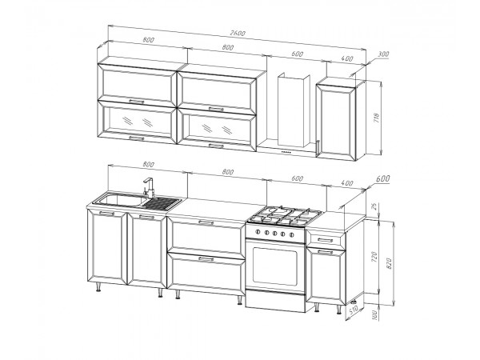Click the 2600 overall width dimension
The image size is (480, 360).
point(238,34)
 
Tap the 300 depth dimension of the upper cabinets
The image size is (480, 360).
point(383,54)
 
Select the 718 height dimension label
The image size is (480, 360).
point(377,118)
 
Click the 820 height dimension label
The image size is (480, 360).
point(390,263)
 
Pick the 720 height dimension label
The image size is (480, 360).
point(374,257)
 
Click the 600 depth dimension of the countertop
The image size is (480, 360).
point(382,178)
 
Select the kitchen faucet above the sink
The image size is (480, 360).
point(149,187)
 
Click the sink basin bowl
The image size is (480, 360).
point(120,200)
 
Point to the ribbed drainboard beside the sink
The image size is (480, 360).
point(162,203)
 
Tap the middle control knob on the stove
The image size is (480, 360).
point(274,234)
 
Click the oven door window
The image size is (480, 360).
point(274,265)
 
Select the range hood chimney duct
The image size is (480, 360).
point(294,110)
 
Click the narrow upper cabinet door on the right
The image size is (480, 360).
point(336,122)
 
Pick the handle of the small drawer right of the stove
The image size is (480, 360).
point(325,240)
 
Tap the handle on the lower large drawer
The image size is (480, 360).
point(206,259)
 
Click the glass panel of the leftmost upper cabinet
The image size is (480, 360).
point(137,120)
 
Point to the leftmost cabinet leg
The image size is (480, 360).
point(98,287)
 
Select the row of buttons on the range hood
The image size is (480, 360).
point(286,152)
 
